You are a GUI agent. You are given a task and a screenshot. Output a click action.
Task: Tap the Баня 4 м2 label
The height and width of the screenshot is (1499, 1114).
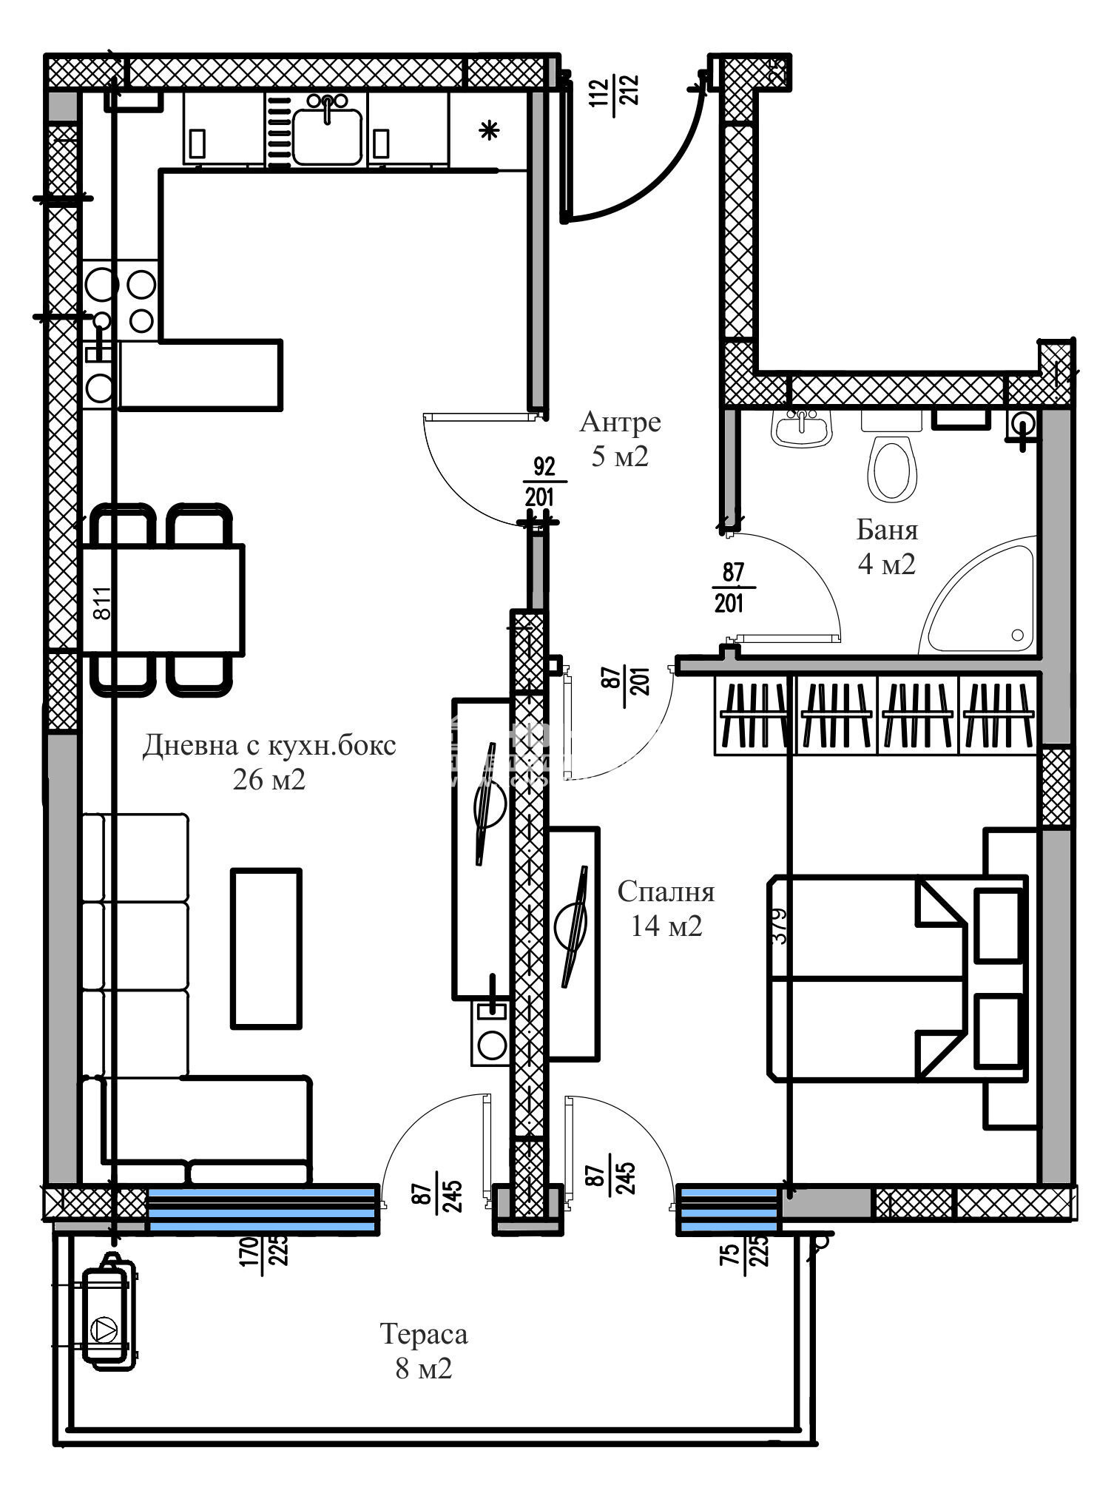tap(886, 548)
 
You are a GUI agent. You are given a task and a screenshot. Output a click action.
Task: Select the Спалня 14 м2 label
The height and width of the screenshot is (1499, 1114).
tap(666, 909)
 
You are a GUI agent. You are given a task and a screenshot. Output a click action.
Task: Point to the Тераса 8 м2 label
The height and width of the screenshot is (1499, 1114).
tap(423, 1351)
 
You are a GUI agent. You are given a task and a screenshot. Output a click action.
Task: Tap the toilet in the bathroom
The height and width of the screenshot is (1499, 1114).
tap(891, 467)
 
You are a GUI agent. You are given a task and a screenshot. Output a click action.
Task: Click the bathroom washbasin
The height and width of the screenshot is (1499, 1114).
tap(802, 428)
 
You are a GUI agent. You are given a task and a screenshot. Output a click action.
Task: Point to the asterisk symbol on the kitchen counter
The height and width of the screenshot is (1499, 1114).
tap(488, 132)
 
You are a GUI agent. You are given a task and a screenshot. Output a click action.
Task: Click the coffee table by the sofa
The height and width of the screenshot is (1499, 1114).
tap(266, 949)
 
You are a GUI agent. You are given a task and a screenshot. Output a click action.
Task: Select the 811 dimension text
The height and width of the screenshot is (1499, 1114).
tap(103, 602)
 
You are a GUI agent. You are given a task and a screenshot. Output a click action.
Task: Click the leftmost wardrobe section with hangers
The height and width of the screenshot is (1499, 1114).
tap(754, 714)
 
